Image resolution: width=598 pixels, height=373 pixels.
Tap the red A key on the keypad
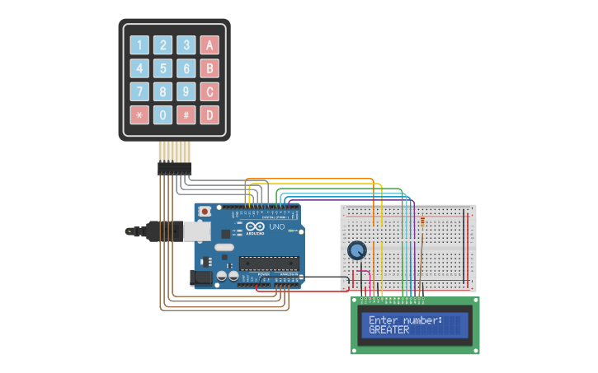pyautogui.click(x=210, y=45)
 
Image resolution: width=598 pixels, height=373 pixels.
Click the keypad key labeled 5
pyautogui.click(x=163, y=68)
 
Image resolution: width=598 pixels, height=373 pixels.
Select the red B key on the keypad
pyautogui.click(x=210, y=68)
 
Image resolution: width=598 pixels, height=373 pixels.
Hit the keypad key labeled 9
pyautogui.click(x=187, y=91)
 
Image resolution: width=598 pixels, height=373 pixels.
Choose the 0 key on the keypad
pyautogui.click(x=163, y=114)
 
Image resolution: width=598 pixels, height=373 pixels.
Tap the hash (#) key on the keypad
pyautogui.click(x=187, y=114)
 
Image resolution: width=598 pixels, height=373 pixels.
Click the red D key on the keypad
pyautogui.click(x=210, y=114)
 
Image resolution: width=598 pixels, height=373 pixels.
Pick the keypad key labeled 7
pyautogui.click(x=139, y=91)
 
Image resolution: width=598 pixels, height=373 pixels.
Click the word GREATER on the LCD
pyautogui.click(x=388, y=329)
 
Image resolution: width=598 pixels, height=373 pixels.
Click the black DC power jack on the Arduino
pyautogui.click(x=201, y=279)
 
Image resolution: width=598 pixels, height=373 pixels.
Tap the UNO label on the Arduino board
pyautogui.click(x=276, y=226)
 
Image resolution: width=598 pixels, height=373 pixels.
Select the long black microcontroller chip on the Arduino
pyautogui.click(x=268, y=263)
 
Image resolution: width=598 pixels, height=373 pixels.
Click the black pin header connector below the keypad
pyautogui.click(x=174, y=167)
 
